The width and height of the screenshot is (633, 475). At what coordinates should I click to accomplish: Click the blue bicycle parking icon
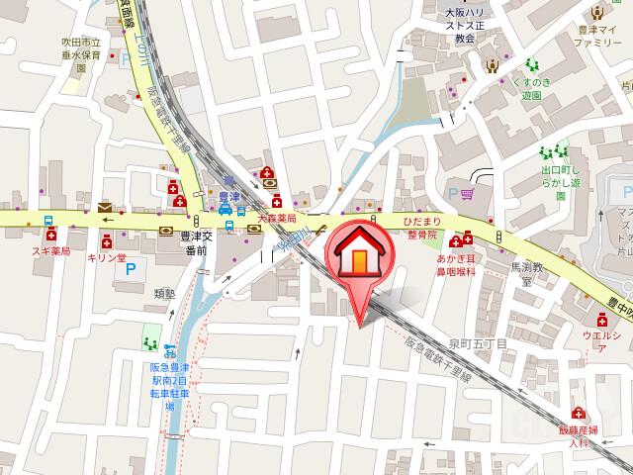pos(170,350)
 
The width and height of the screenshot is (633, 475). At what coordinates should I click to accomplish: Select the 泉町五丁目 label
pos(478,342)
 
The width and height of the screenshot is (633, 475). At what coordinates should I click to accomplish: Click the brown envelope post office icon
pos(105,206)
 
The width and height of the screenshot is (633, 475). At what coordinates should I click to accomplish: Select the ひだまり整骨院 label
pos(423,230)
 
